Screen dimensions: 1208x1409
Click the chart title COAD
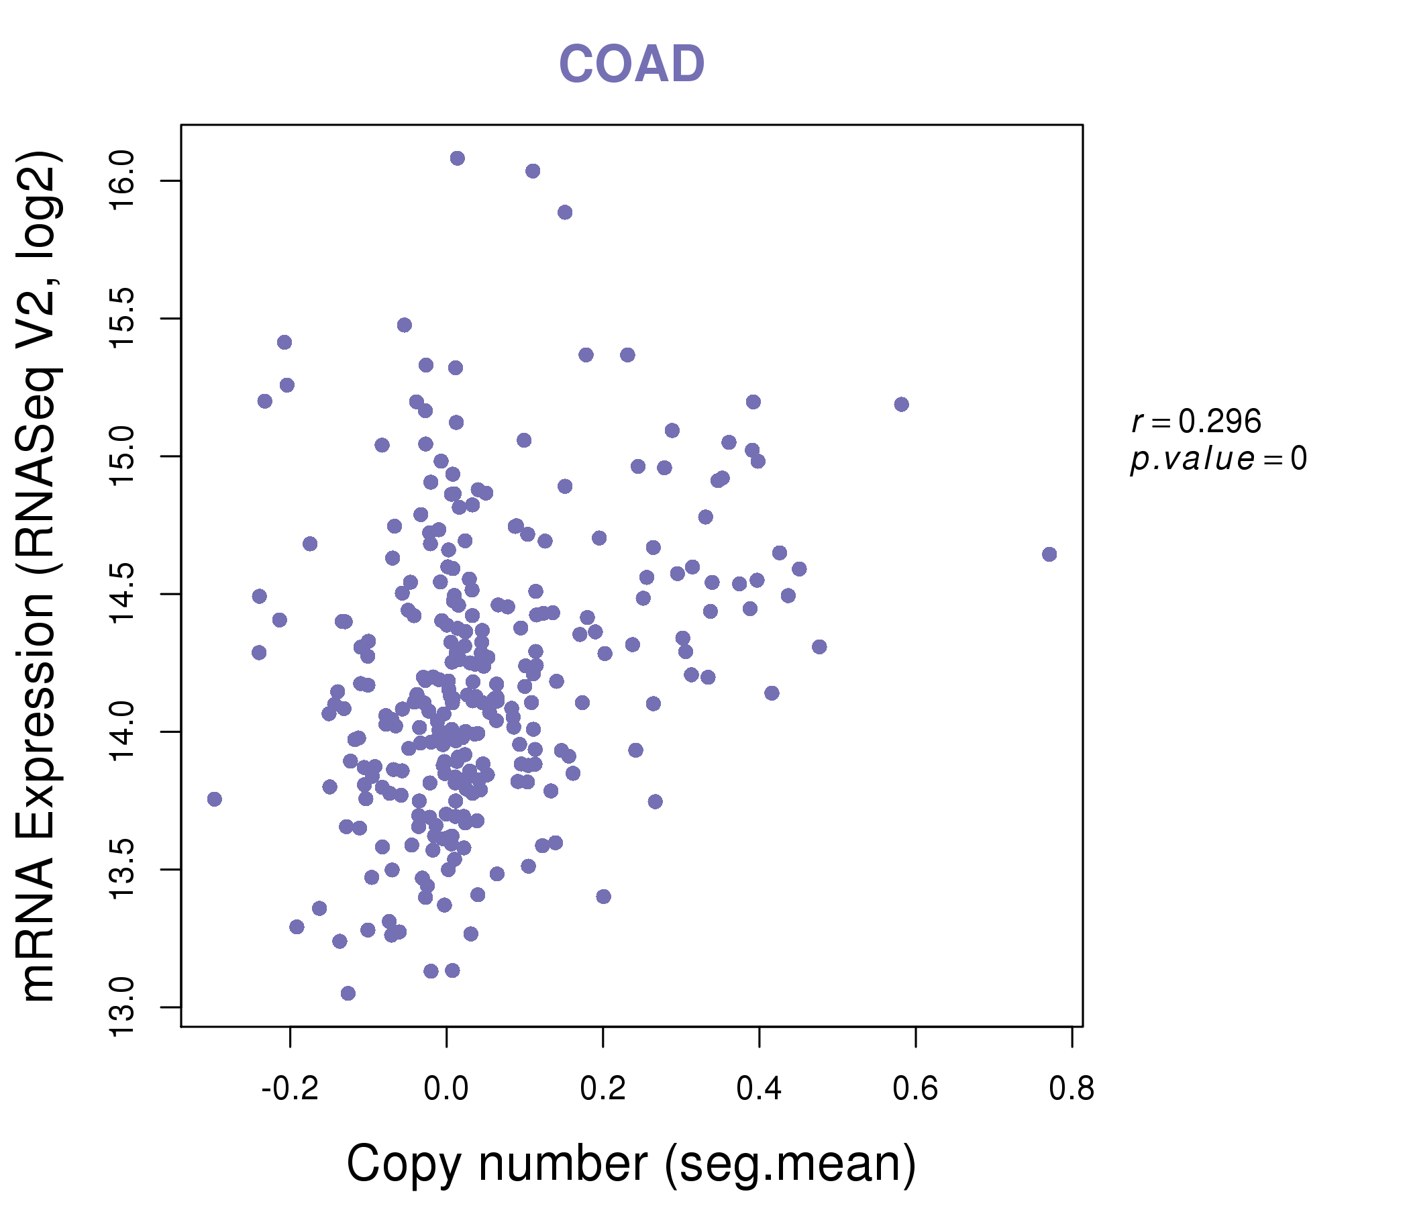point(631,64)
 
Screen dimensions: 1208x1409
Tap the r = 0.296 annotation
point(1196,421)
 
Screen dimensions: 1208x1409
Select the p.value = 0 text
point(1218,459)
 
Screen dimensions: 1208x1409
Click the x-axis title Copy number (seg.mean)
point(631,1164)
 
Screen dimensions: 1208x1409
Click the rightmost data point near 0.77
point(1049,554)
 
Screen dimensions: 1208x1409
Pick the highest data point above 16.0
point(458,158)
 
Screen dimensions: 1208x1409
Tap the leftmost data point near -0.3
point(215,799)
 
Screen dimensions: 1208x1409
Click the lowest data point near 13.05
point(348,994)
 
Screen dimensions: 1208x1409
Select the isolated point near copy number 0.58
point(902,405)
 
